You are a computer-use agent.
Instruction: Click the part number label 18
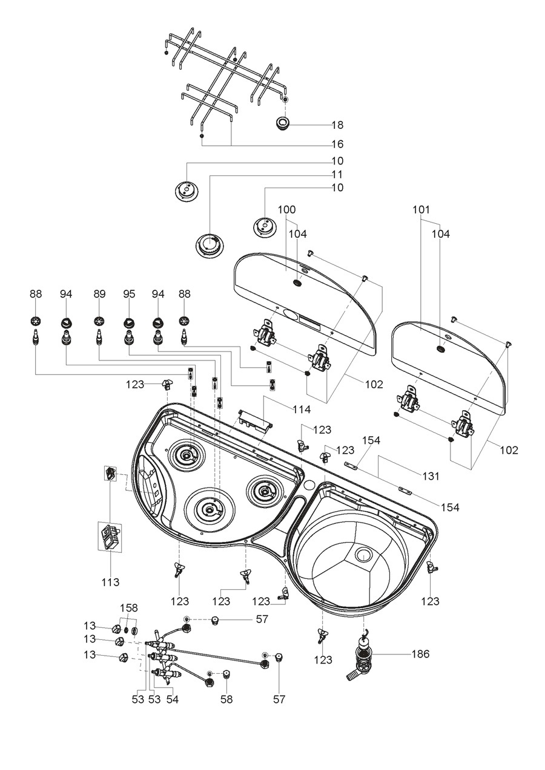(337, 125)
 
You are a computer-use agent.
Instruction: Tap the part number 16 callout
(337, 145)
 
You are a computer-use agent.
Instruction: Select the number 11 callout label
(337, 174)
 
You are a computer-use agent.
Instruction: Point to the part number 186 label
(420, 654)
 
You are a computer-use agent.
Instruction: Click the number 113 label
(110, 582)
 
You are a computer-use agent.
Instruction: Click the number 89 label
(99, 294)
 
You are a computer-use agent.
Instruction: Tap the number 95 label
(128, 294)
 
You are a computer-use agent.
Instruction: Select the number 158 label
(129, 607)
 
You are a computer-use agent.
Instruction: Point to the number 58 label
(226, 699)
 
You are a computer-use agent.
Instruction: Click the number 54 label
(172, 699)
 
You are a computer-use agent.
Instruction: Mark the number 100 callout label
(286, 209)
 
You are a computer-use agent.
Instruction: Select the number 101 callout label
(421, 209)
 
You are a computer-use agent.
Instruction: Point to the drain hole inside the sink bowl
(365, 553)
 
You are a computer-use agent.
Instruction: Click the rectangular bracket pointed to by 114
(254, 419)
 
